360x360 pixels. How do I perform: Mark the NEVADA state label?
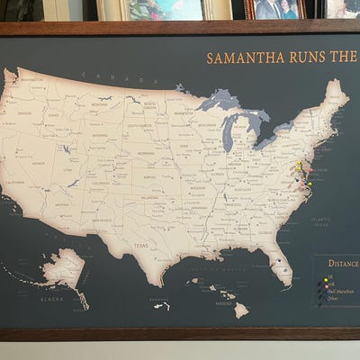[38, 163]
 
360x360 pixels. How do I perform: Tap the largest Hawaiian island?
[241, 310]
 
